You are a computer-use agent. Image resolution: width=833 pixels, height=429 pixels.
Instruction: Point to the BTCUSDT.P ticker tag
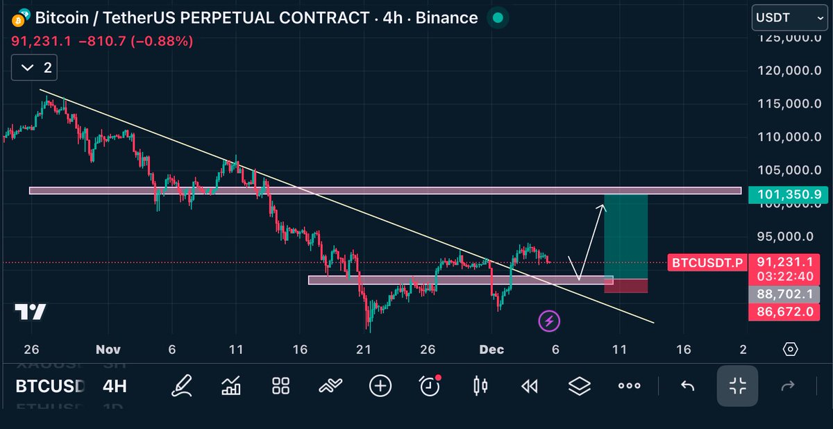coord(707,262)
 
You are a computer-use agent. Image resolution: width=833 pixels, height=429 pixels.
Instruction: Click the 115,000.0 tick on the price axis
coord(784,103)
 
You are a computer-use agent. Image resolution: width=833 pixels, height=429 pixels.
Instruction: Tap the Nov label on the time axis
coord(105,349)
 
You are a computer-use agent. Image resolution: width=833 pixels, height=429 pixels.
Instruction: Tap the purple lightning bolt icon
coord(549,321)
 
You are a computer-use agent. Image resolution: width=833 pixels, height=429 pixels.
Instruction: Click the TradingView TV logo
coord(30,312)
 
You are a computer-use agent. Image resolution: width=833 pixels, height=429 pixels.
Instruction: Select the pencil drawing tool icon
coord(182,385)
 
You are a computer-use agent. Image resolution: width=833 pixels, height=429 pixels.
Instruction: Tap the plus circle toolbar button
coord(380,385)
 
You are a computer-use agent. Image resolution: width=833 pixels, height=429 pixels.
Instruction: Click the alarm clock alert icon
coord(430,385)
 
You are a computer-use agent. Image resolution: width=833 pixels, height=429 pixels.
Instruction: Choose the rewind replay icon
coord(529,385)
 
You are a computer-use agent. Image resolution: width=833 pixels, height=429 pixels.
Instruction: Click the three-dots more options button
coord(629,385)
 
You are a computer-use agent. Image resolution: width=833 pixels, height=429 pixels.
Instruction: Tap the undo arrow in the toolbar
coord(687,385)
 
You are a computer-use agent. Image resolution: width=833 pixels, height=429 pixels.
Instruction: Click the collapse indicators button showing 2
coord(34,67)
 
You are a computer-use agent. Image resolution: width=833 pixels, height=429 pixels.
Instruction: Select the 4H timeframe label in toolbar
coord(115,385)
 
